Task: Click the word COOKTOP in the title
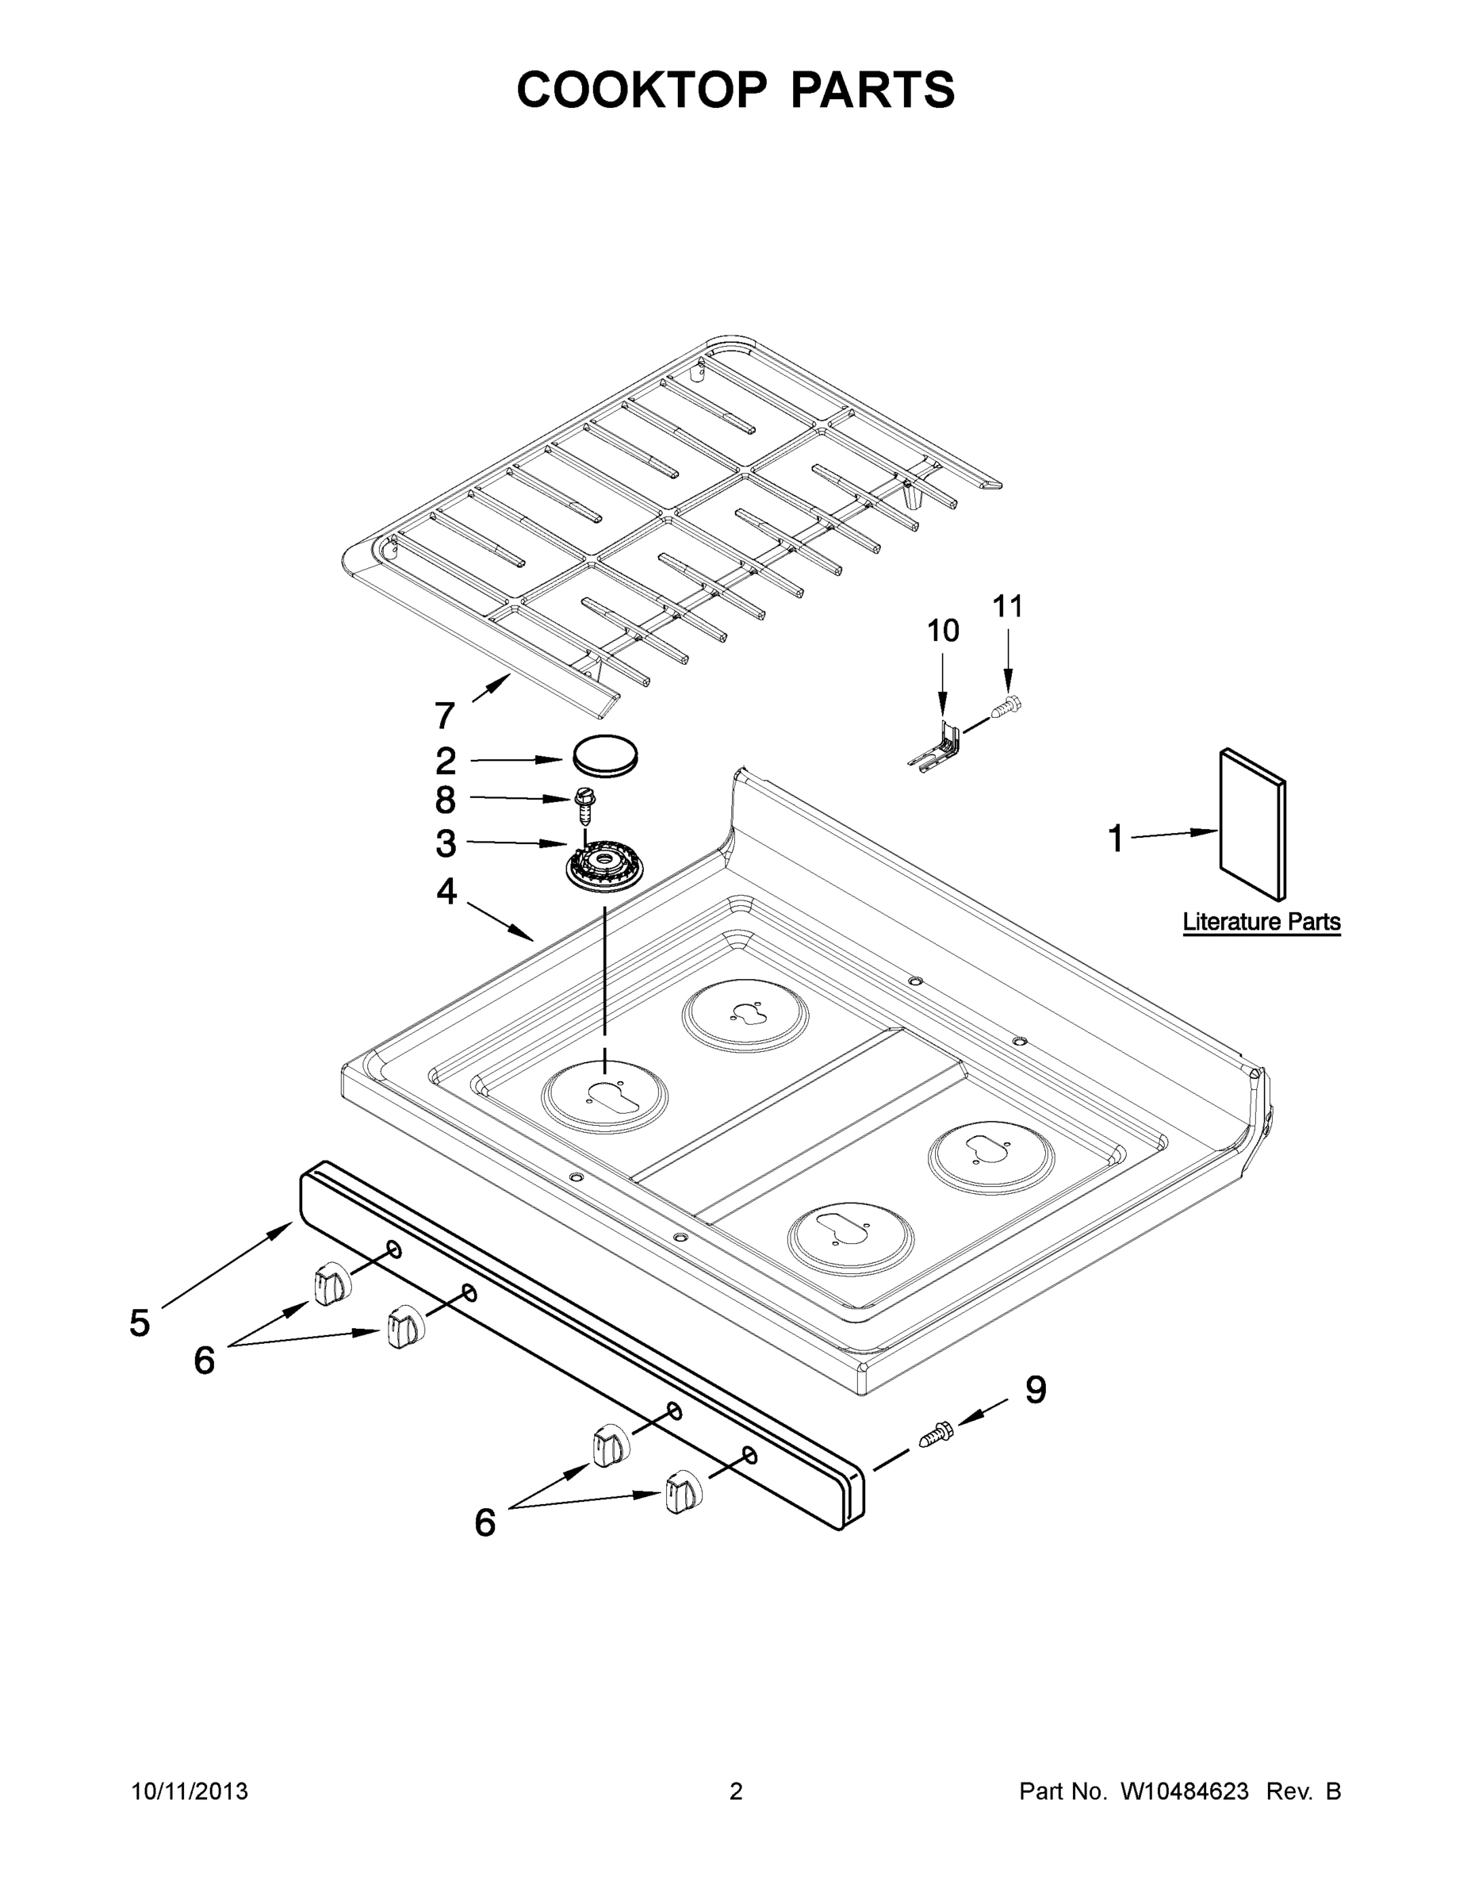tap(642, 90)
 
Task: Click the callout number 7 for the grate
tap(444, 716)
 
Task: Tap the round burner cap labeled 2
tap(605, 754)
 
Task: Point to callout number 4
tap(446, 892)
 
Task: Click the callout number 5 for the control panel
tap(140, 1322)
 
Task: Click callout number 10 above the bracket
tap(942, 631)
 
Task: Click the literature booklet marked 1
tap(1253, 823)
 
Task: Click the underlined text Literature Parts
tap(1261, 922)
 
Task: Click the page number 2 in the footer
tap(736, 1791)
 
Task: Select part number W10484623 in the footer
tap(1183, 1791)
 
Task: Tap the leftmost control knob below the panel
tap(328, 1285)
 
